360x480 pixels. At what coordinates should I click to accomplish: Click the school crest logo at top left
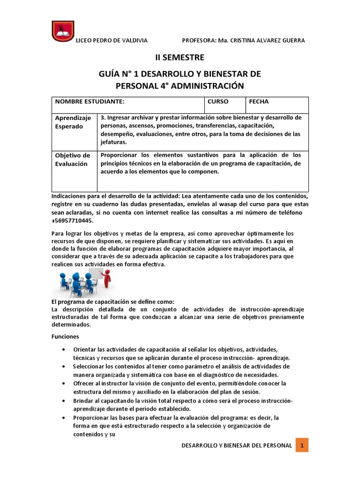tap(61, 31)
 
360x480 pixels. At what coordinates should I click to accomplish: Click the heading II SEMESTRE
tap(180, 58)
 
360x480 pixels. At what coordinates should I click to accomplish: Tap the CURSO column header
tap(218, 102)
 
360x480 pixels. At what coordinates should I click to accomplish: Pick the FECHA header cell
tap(259, 102)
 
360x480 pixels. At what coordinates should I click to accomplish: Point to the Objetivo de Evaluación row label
tap(72, 159)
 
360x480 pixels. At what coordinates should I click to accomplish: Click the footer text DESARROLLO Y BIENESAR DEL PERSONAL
tap(237, 445)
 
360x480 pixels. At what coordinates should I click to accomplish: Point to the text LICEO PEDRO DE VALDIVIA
tap(112, 40)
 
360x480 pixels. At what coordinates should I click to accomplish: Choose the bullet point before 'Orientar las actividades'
tap(64, 350)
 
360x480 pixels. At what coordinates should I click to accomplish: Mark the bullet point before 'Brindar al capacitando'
tap(64, 401)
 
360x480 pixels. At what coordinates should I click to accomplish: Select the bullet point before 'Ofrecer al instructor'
tap(64, 383)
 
